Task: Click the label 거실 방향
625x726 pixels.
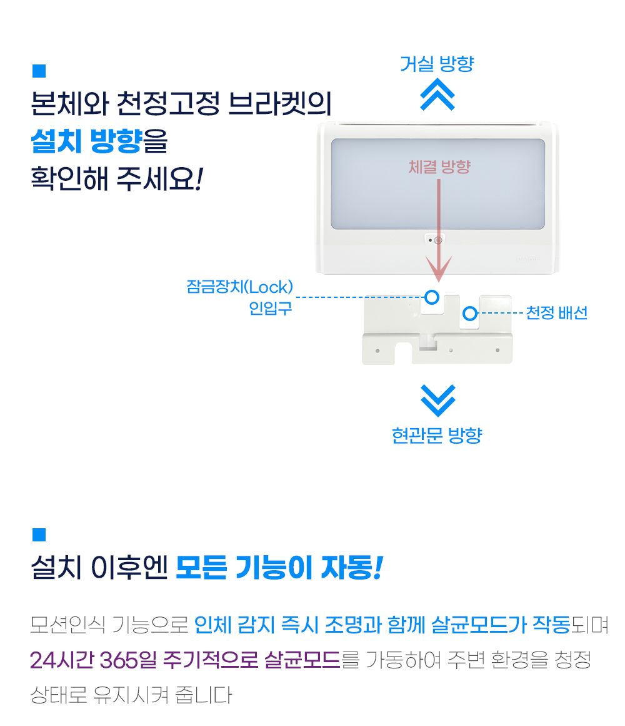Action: pyautogui.click(x=437, y=64)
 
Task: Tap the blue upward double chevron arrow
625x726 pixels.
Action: pyautogui.click(x=437, y=94)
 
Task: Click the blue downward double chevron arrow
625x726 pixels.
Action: pyautogui.click(x=437, y=401)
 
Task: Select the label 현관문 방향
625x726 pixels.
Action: pyautogui.click(x=437, y=435)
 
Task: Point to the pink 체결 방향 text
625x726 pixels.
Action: pyautogui.click(x=439, y=166)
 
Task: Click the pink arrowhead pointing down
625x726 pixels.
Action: pyautogui.click(x=438, y=268)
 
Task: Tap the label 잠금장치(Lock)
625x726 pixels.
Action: pyautogui.click(x=239, y=287)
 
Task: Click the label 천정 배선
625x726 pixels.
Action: pyautogui.click(x=557, y=313)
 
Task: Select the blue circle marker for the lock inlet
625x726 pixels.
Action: pyautogui.click(x=432, y=297)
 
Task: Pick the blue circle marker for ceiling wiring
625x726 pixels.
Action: pyautogui.click(x=469, y=314)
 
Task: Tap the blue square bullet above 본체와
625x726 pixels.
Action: pyautogui.click(x=39, y=71)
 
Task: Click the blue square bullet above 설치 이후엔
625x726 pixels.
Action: pyautogui.click(x=39, y=534)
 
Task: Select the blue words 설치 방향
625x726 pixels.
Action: pyautogui.click(x=86, y=141)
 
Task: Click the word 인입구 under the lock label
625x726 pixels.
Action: pyautogui.click(x=271, y=308)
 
